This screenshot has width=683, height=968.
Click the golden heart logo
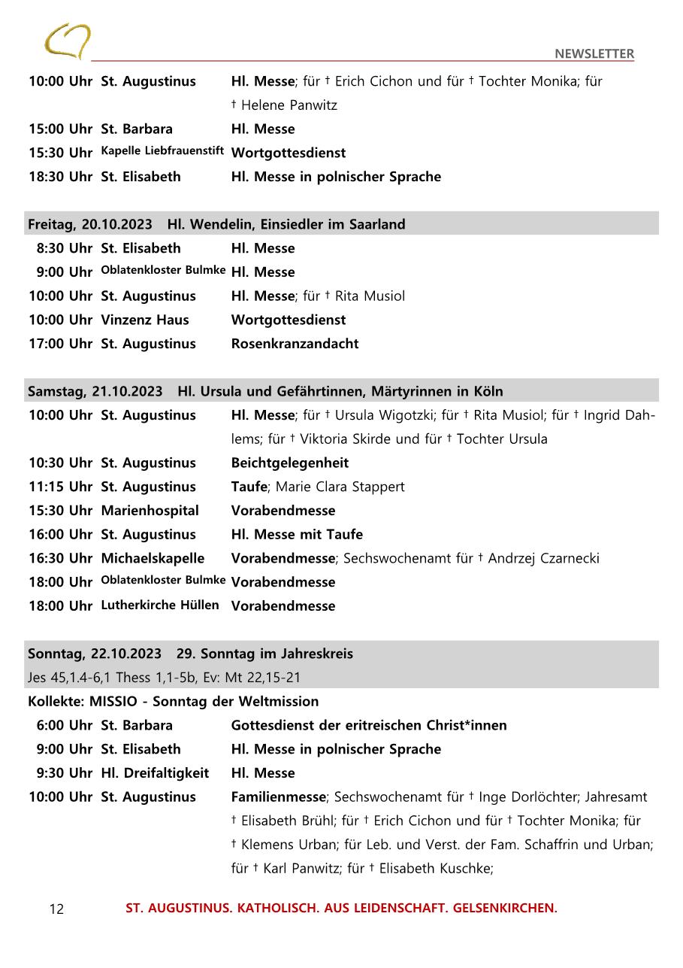(x=67, y=41)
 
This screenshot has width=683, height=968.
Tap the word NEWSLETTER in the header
(x=594, y=53)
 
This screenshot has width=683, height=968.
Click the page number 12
(x=56, y=909)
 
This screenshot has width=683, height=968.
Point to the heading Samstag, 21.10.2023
(x=95, y=391)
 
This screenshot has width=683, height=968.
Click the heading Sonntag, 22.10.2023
(x=94, y=654)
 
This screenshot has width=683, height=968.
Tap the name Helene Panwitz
(x=289, y=105)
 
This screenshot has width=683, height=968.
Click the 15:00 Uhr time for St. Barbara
(x=60, y=129)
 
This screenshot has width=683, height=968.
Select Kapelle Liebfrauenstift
(x=162, y=151)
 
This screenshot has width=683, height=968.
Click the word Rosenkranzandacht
(x=295, y=344)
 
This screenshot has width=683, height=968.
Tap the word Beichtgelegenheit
(x=289, y=463)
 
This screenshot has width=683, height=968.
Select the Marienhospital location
(x=150, y=511)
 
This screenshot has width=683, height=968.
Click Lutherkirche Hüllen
(x=160, y=605)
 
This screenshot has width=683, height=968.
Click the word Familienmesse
(x=278, y=797)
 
